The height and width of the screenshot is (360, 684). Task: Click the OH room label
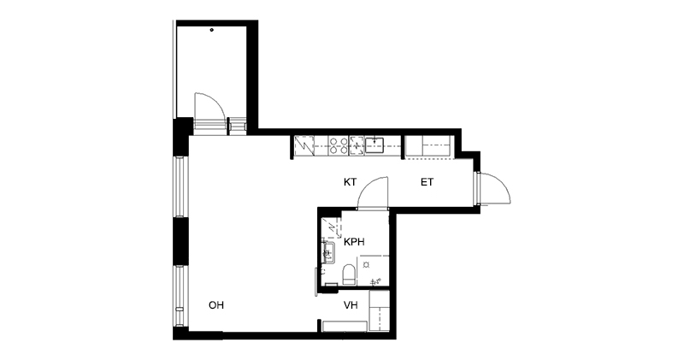[x=216, y=305]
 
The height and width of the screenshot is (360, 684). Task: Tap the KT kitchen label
[x=350, y=182]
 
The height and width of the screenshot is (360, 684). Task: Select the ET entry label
[x=427, y=182]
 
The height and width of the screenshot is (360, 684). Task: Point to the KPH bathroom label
[x=354, y=242]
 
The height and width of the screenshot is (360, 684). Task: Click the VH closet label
[x=351, y=305]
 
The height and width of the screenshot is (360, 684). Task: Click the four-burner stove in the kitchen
[x=339, y=145]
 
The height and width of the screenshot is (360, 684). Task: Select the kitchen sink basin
[x=374, y=145]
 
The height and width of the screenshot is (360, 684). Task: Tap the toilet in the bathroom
[x=349, y=274]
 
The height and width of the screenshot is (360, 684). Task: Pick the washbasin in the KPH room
[x=328, y=252]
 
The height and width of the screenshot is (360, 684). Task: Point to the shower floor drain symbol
[x=367, y=264]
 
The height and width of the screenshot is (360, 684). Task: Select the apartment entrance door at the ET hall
[x=495, y=188]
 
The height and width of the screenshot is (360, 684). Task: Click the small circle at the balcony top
[x=212, y=30]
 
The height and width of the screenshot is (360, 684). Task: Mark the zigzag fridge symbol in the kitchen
[x=304, y=145]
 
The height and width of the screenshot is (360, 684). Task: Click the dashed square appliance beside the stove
[x=357, y=145]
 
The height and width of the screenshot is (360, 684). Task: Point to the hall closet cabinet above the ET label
[x=428, y=146]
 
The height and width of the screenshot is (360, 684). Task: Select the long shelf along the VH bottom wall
[x=345, y=326]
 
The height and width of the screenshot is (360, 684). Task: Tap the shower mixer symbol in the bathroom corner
[x=375, y=281]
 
